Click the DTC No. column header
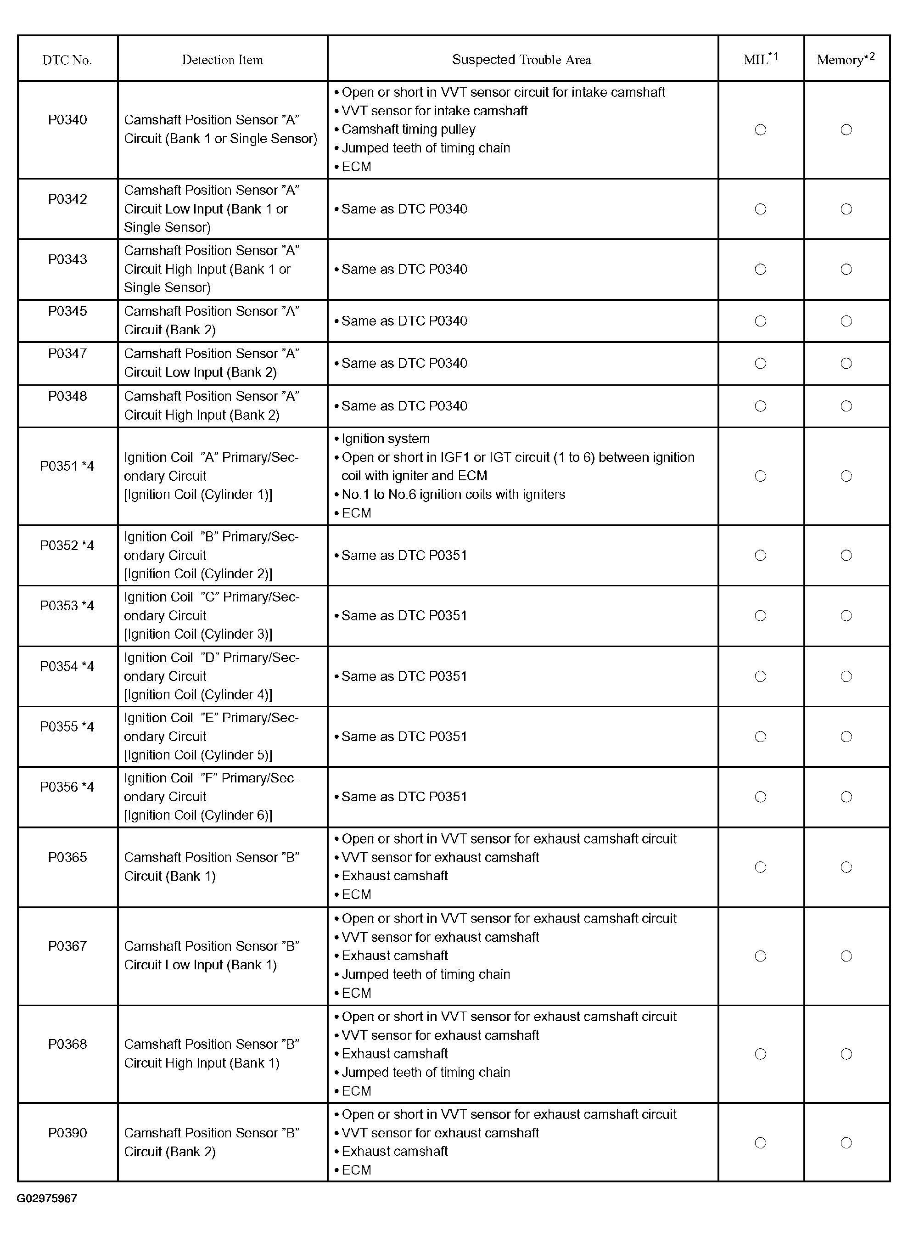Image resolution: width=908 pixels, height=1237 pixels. [67, 60]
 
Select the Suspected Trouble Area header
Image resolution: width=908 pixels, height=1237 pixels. [521, 60]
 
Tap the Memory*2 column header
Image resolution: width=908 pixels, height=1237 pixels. [846, 59]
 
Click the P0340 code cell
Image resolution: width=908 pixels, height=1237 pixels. [67, 120]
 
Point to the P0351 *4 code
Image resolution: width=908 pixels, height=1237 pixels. [67, 466]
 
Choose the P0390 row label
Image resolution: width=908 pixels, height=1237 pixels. [67, 1133]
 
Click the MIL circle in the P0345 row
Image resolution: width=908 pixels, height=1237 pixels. [760, 321]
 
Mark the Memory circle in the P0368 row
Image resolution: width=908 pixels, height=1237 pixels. [846, 1054]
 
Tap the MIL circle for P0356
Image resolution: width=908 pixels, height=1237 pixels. [760, 797]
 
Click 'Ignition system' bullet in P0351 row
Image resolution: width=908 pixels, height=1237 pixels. [385, 439]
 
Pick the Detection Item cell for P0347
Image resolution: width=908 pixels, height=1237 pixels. [211, 363]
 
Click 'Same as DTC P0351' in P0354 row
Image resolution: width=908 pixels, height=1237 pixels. [404, 676]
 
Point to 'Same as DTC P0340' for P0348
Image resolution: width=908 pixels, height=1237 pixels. [404, 406]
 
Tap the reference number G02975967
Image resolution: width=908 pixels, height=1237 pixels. [47, 1198]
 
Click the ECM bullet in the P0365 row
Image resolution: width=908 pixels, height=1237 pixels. [356, 894]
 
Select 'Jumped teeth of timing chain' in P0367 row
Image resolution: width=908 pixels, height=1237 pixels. [426, 974]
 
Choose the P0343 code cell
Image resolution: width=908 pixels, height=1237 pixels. [67, 259]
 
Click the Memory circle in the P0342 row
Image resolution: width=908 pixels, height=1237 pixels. [846, 209]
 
